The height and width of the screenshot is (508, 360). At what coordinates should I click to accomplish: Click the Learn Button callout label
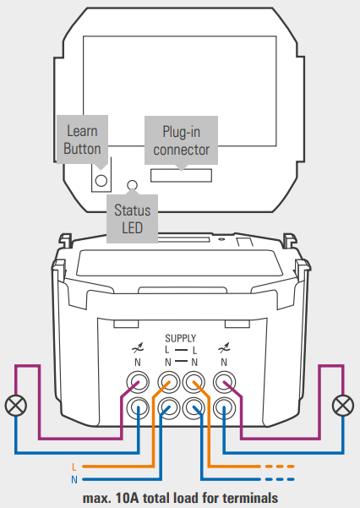pos(82,139)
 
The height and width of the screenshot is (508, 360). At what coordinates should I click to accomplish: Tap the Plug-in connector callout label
pos(181,140)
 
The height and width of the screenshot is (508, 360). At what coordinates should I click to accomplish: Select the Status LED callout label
pos(132,219)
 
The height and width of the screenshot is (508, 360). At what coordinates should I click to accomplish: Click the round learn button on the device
pos(101,180)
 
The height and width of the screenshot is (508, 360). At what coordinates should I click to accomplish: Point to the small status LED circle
pos(132,185)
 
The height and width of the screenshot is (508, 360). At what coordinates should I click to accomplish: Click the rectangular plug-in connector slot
pos(181,175)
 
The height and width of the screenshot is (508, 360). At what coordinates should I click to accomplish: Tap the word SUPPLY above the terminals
pos(181,339)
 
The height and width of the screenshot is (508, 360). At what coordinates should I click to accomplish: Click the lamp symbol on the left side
pos(15,406)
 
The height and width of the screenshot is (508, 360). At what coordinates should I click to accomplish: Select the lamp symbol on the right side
pos(343,406)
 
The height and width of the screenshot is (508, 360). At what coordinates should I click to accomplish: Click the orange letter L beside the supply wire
pos(74,467)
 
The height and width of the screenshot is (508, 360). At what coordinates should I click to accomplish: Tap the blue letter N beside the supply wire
pos(74,479)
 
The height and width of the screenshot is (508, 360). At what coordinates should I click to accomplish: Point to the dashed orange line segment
pos(280,467)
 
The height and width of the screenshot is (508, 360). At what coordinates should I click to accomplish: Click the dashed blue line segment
pos(280,479)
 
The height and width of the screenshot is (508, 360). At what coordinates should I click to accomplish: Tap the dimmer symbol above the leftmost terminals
pos(138,348)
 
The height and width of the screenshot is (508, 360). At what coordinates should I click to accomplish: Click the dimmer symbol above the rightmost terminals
pos(224,348)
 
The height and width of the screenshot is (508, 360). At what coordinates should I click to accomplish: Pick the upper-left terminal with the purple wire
pos(138,382)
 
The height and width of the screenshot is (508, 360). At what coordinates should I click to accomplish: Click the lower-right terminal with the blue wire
pos(224,408)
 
